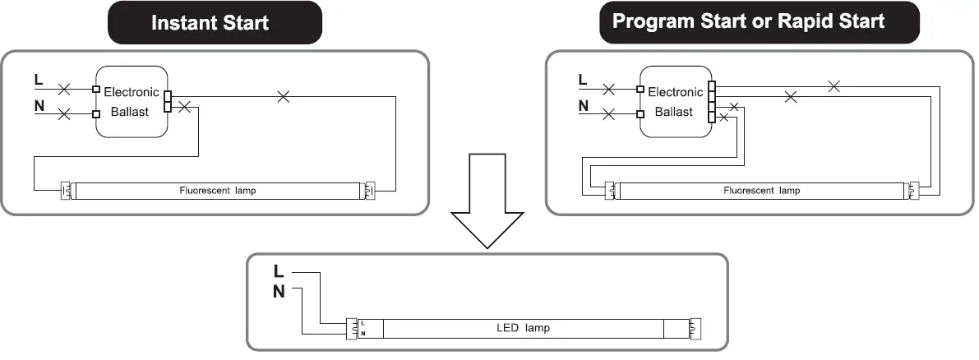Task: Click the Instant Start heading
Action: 210,22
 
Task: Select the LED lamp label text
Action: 524,328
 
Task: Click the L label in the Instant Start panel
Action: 39,80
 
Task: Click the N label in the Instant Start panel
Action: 39,106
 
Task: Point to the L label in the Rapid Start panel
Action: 583,80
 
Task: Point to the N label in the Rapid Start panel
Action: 583,106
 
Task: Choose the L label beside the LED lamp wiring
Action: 279,271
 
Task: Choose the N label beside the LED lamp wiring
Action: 279,291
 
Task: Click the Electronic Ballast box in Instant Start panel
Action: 131,101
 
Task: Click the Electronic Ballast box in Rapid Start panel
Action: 675,101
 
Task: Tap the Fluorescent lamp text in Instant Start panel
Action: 218,191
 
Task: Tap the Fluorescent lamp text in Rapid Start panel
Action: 761,191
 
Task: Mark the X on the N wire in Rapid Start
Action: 609,114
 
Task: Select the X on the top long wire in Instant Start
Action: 284,96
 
